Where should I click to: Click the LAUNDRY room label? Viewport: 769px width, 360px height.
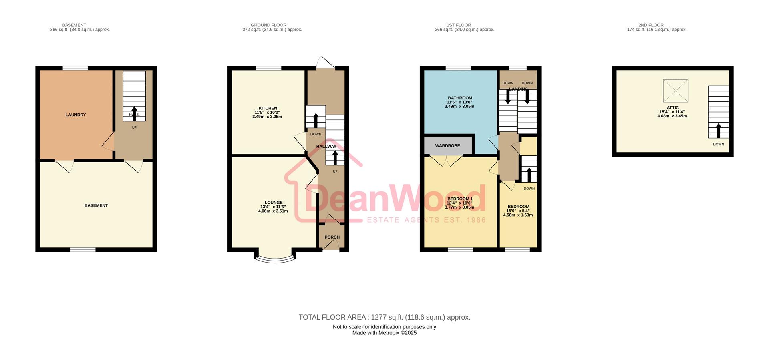pos(76,115)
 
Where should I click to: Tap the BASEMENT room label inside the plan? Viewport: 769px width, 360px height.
pos(96,205)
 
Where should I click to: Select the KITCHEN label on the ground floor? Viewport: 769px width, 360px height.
pos(268,108)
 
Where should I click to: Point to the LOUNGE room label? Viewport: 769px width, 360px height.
pos(274,203)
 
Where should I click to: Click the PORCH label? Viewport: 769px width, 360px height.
pos(332,237)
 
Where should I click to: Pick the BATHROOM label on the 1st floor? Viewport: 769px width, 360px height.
pos(460,98)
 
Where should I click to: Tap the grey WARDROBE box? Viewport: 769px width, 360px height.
pos(448,146)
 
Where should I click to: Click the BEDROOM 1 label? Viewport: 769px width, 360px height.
pos(460,199)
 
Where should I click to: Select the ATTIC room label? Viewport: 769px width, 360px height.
pos(672,108)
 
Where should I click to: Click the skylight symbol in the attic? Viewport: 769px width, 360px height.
pos(676,91)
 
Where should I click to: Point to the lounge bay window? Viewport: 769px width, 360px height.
pos(275,258)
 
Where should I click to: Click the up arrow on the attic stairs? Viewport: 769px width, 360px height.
pos(718,131)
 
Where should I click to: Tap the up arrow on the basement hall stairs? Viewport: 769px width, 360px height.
pos(134,113)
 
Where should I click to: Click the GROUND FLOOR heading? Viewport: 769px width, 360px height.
pos(268,25)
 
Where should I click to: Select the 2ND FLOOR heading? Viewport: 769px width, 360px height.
pos(651,25)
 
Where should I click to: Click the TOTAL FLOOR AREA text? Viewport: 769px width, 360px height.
pos(384,317)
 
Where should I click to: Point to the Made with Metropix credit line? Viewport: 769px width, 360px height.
pos(384,333)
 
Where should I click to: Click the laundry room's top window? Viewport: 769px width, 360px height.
pos(75,68)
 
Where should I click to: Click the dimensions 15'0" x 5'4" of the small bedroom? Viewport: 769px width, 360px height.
pos(518,211)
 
